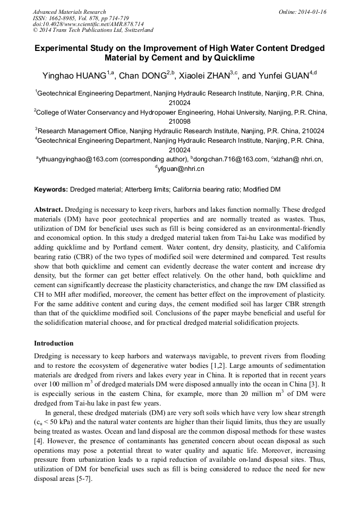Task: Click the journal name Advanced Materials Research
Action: point(69,12)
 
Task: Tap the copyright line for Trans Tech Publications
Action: point(93,30)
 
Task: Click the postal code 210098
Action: point(179,121)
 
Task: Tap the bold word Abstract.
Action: point(48,210)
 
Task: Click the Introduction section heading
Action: point(54,343)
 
